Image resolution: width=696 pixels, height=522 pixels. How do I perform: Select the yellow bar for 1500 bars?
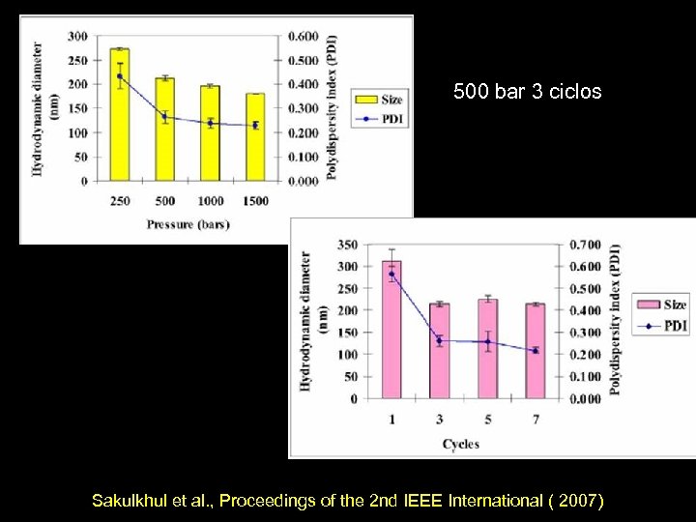(255, 137)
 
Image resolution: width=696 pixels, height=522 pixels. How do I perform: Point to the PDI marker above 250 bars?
(119, 76)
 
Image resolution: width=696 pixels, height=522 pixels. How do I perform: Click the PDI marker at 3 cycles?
(440, 340)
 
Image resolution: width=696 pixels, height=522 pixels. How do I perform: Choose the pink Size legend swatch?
(648, 305)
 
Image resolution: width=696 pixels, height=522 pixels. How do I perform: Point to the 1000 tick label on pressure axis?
(210, 200)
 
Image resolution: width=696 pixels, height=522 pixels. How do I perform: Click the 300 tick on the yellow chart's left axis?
(76, 37)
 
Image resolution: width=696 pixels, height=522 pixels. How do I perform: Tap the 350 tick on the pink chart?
(346, 245)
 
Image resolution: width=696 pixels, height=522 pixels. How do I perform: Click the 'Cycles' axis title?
(461, 444)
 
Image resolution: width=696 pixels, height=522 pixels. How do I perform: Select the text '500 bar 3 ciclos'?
(528, 93)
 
